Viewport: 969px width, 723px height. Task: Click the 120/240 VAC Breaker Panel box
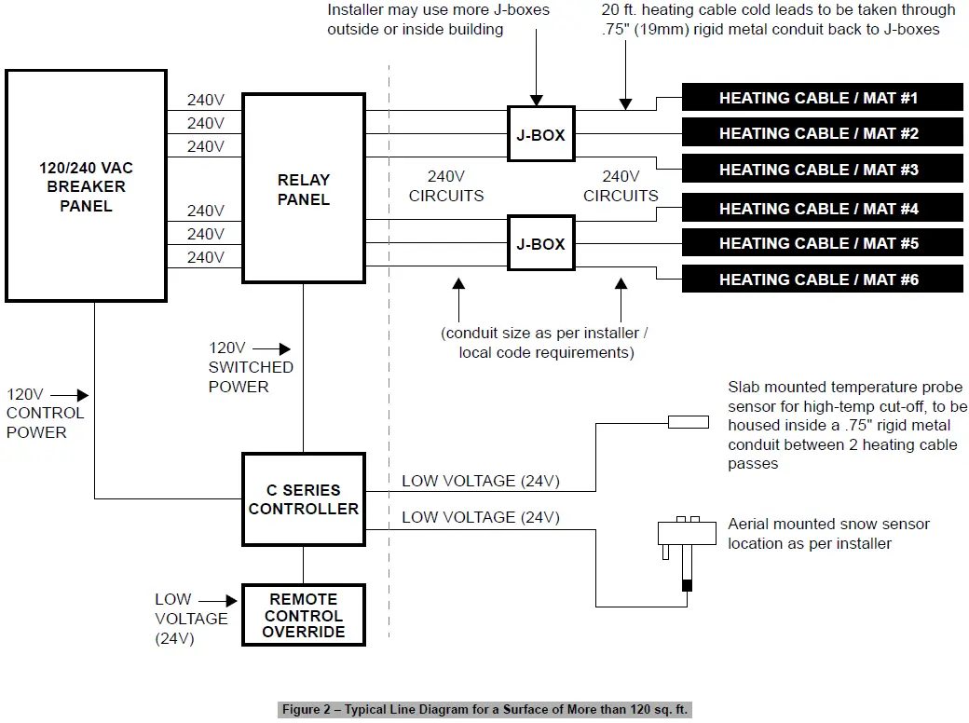[x=86, y=185]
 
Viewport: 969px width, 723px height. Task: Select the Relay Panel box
[x=303, y=189]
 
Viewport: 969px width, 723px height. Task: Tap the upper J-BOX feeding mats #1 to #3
[x=540, y=135]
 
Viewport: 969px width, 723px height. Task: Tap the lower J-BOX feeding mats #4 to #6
[x=540, y=244]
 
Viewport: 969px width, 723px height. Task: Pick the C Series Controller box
[x=303, y=499]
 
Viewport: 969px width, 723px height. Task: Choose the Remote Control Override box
[x=303, y=615]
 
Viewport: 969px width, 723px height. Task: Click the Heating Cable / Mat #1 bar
[x=822, y=98]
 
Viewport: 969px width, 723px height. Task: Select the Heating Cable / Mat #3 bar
[x=822, y=170]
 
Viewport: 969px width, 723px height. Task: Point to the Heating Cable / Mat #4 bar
[x=822, y=209]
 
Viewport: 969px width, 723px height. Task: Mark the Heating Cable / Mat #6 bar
[x=822, y=279]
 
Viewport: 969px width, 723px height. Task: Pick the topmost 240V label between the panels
[x=205, y=101]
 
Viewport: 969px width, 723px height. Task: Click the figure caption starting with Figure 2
[x=484, y=710]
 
